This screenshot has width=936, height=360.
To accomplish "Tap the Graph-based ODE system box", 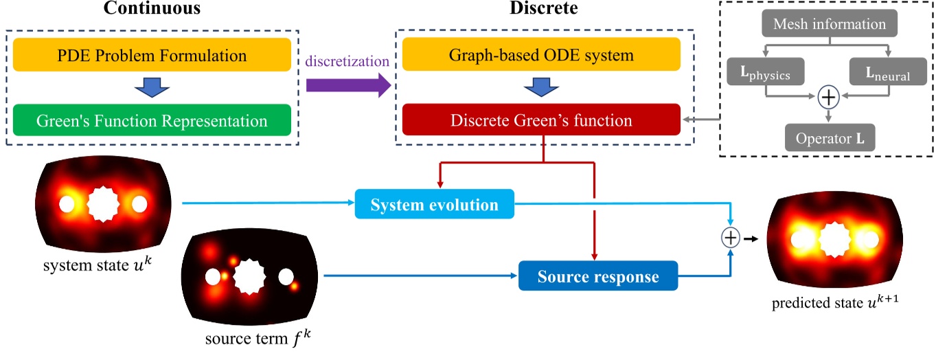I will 541,54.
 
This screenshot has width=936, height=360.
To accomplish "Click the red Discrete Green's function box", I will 541,122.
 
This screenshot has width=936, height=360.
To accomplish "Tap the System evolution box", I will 435,204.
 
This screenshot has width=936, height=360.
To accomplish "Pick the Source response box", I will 597,277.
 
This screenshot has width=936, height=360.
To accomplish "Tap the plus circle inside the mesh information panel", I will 830,98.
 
